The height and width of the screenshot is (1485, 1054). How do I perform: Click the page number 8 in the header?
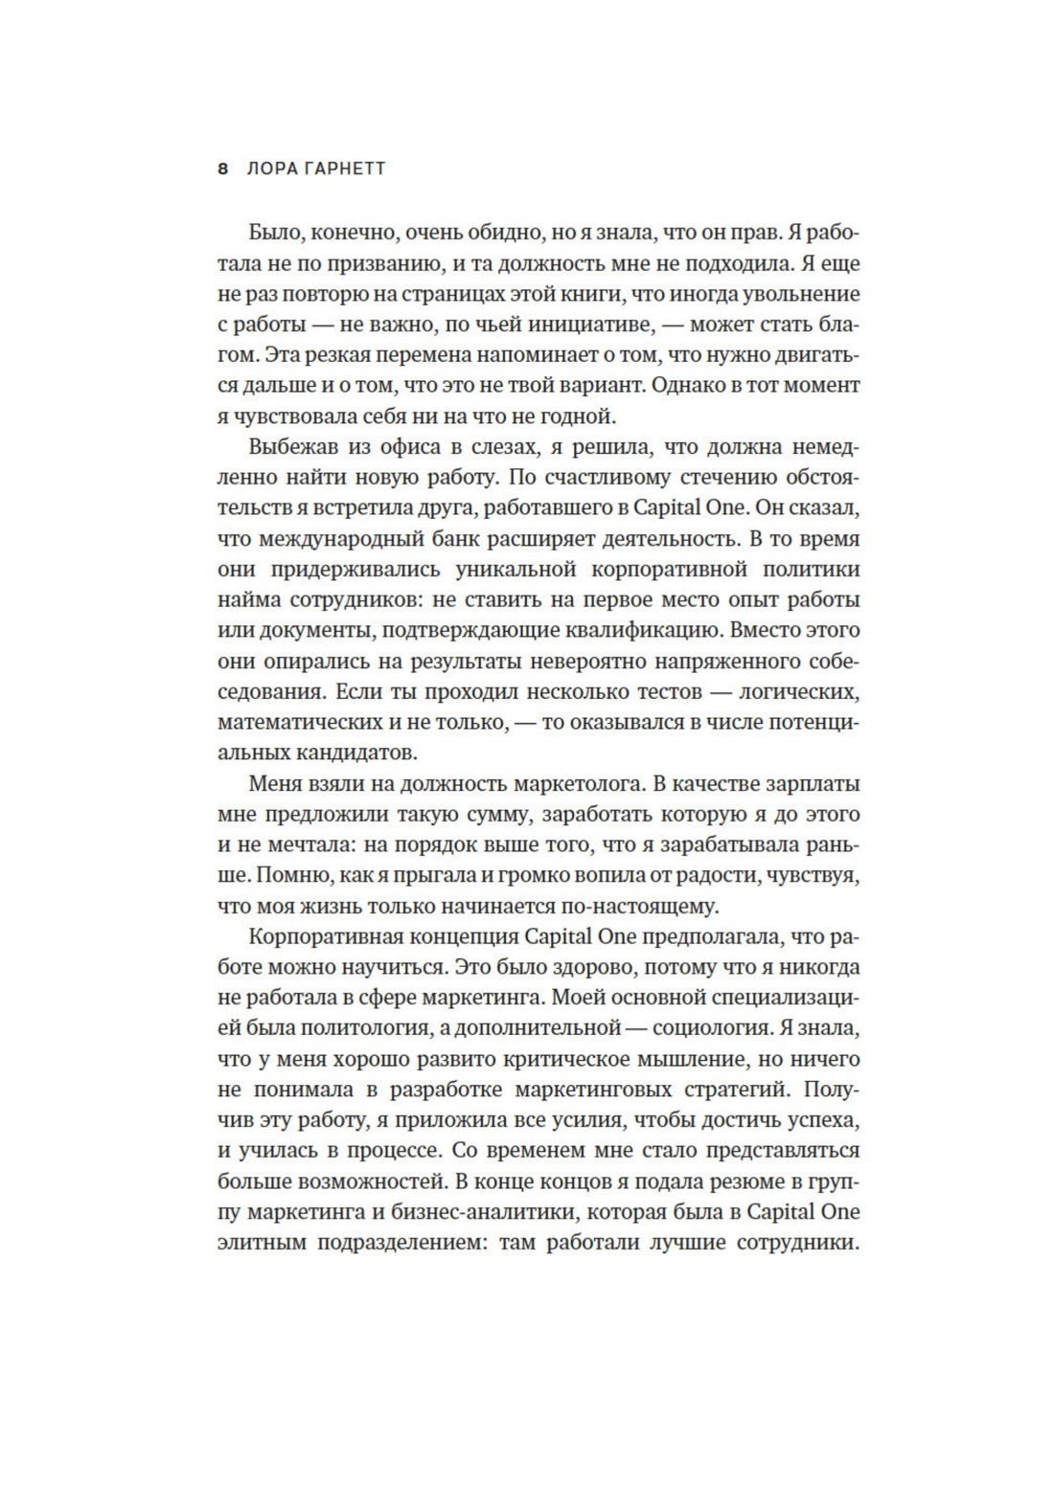[x=223, y=169]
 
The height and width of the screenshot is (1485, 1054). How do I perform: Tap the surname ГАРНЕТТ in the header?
[x=343, y=169]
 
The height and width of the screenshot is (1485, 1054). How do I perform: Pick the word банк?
[x=467, y=538]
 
